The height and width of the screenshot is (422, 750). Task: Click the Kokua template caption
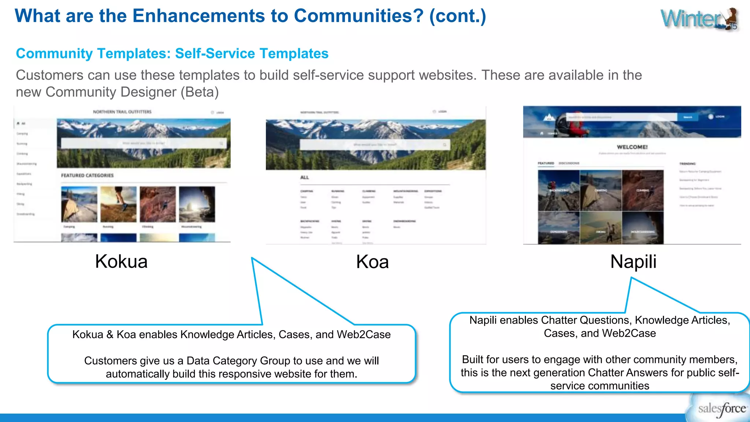tap(121, 262)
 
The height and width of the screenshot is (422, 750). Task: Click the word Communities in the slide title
tap(358, 16)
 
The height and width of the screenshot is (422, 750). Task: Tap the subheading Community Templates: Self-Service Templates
tap(172, 53)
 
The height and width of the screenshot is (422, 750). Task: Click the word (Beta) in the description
tap(200, 92)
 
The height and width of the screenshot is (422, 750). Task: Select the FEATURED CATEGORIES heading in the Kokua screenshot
tap(87, 175)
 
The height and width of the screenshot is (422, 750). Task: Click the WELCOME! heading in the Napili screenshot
tap(632, 147)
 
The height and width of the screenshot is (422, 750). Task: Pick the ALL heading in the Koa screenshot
tap(304, 178)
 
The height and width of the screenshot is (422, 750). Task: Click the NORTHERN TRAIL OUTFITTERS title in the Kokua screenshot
tap(122, 112)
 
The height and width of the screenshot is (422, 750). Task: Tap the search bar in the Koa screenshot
tap(374, 145)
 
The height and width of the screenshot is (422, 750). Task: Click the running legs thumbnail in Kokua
tap(118, 204)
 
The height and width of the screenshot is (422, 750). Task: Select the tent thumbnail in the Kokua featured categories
tap(79, 204)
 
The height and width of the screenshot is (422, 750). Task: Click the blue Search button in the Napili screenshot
tap(687, 117)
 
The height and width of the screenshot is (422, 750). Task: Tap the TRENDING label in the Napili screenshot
tap(687, 164)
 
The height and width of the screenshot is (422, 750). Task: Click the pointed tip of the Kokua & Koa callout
tap(252, 258)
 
